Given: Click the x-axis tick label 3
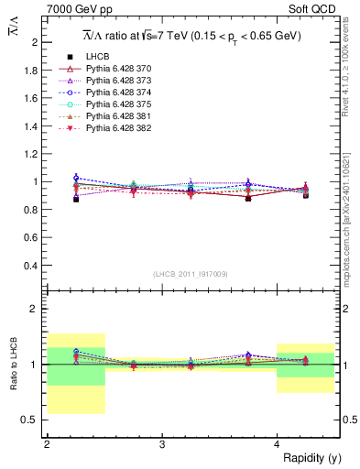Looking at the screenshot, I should pos(162,445).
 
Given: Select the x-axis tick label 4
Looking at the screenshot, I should pos(278,445).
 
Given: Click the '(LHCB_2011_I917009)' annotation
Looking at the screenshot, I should pos(191,273).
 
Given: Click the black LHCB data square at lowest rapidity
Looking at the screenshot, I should pos(76,199).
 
